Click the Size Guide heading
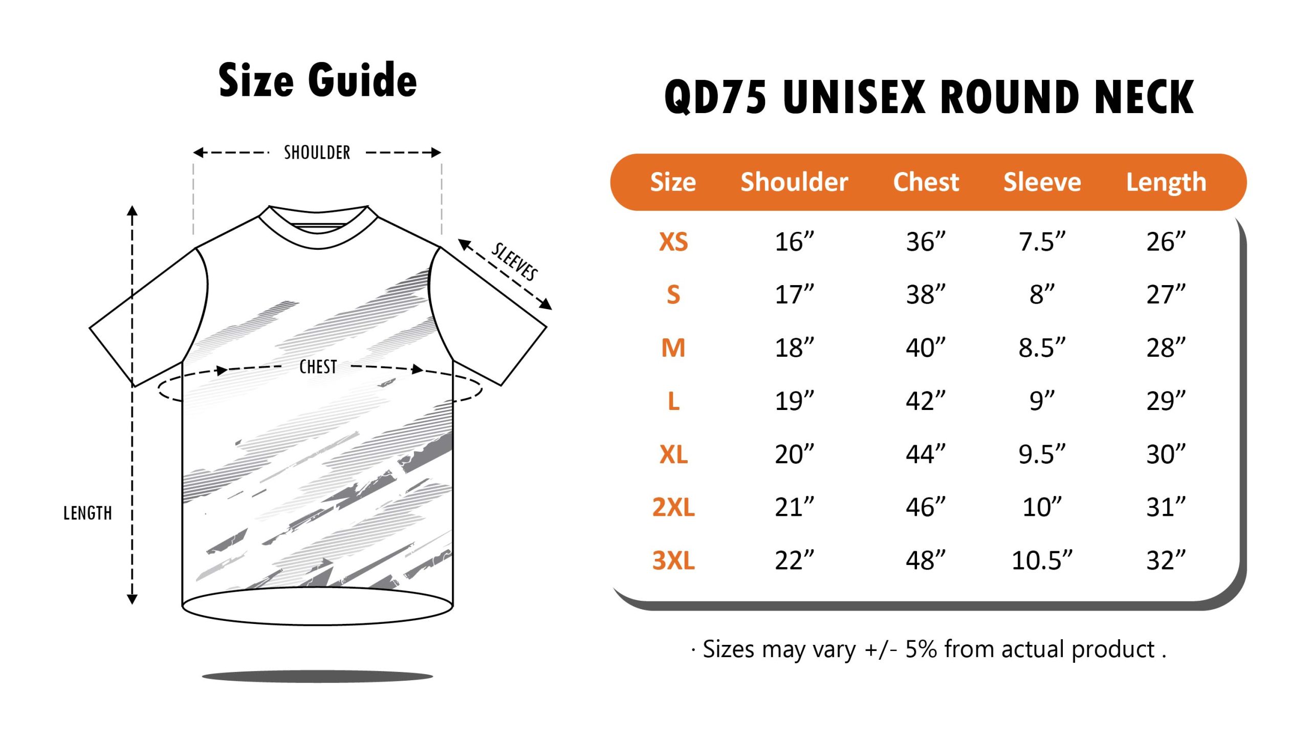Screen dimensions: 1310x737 317,80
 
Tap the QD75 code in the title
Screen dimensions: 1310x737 715,97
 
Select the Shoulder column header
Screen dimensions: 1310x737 794,182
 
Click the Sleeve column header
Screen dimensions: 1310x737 1042,182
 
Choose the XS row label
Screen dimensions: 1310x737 673,242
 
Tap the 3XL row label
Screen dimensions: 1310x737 673,560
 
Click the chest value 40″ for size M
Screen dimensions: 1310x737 926,348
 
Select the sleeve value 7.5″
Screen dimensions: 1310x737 1042,242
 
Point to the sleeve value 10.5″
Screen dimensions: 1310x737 1042,560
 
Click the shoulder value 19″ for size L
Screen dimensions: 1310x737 794,401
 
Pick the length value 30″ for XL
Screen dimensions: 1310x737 1166,454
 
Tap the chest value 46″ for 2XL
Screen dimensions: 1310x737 926,507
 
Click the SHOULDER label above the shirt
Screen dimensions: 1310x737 317,153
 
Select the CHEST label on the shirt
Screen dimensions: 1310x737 318,367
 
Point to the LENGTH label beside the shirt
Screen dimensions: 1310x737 88,513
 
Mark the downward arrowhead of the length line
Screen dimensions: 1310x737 132,599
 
